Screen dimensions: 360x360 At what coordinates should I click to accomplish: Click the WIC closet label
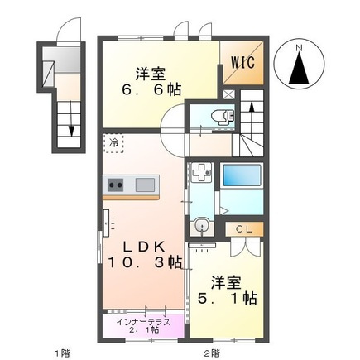click(242, 61)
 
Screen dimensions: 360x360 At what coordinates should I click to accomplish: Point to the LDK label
click(142, 246)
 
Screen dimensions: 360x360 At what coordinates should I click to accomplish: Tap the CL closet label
click(243, 229)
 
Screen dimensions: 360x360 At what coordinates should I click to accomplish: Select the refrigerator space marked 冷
click(113, 142)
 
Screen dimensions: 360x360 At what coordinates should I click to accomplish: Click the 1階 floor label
click(62, 353)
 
